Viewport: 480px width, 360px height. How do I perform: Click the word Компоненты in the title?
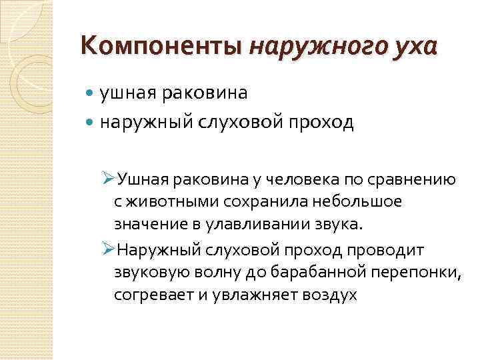[161, 47]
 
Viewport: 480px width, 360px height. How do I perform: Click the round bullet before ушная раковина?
[91, 94]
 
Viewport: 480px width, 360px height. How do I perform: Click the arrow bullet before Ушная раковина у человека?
[110, 179]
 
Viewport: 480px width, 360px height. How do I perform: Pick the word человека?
[299, 179]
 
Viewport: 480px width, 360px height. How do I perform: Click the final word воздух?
[328, 295]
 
